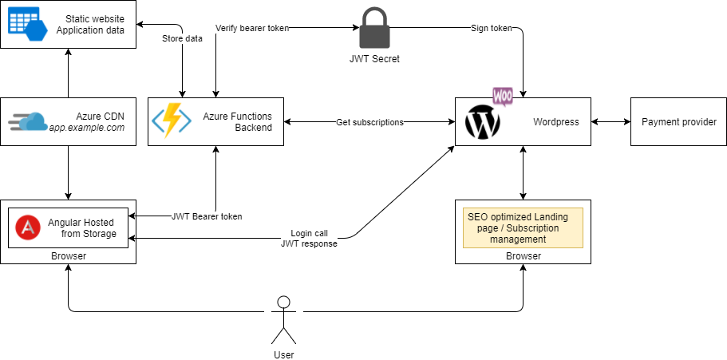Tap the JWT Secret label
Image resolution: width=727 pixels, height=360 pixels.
click(374, 58)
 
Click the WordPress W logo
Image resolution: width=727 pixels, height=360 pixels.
click(482, 123)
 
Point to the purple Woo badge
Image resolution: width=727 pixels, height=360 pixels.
click(503, 97)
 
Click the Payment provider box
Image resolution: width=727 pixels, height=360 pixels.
click(678, 122)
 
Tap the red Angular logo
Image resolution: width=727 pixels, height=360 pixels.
click(28, 227)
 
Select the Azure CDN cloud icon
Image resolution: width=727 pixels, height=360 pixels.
click(28, 122)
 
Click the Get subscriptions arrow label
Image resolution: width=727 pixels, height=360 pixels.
click(369, 122)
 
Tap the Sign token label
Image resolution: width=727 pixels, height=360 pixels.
click(490, 28)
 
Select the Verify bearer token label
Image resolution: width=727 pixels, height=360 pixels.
click(251, 28)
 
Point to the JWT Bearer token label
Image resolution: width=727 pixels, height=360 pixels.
click(207, 216)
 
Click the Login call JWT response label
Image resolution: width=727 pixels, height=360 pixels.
click(308, 239)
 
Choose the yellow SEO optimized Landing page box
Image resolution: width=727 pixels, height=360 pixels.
click(523, 227)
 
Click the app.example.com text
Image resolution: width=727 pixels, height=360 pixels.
click(87, 128)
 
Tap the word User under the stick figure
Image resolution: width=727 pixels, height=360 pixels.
click(283, 354)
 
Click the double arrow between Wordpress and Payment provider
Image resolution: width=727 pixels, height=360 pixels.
click(610, 122)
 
